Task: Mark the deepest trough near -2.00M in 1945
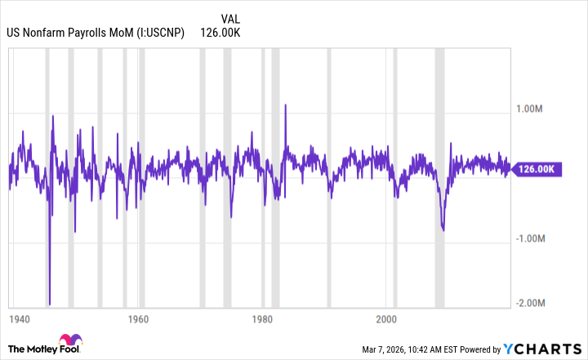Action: click(x=50, y=304)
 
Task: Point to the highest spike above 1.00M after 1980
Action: click(x=286, y=104)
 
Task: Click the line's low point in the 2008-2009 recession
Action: click(x=443, y=230)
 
